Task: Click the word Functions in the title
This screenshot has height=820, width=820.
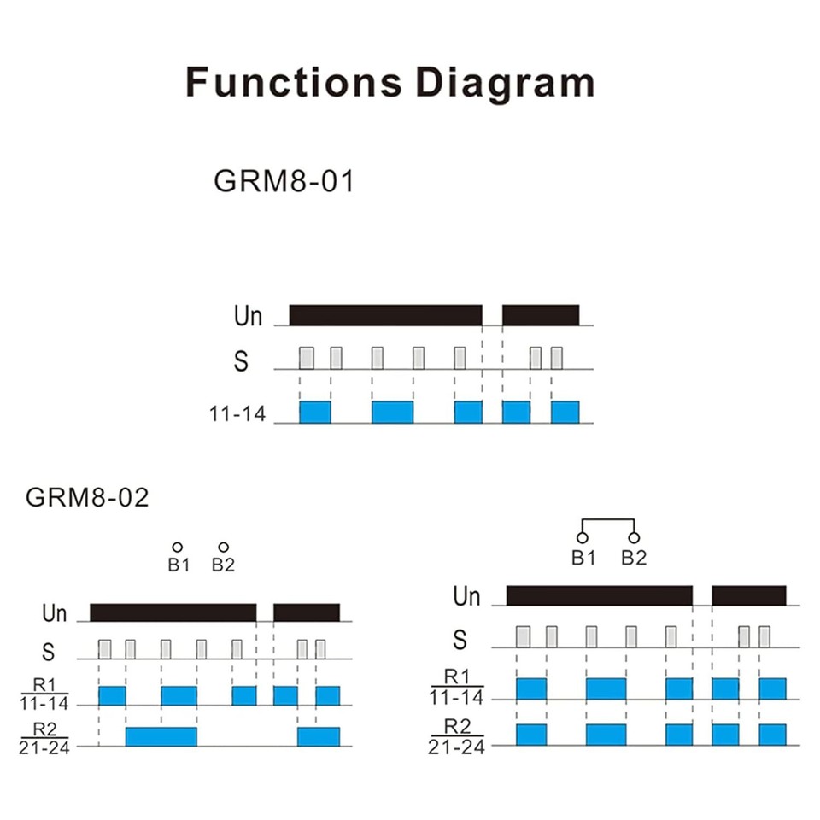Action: [x=294, y=82]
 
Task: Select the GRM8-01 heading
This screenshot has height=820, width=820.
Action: [x=284, y=181]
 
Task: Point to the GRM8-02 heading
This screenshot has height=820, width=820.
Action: [x=87, y=497]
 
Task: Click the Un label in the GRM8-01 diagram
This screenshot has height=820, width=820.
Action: [x=248, y=316]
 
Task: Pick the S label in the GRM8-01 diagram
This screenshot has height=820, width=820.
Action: [x=241, y=360]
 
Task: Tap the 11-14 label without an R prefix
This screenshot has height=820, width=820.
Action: [x=237, y=414]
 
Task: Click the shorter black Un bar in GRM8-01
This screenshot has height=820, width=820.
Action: [x=541, y=315]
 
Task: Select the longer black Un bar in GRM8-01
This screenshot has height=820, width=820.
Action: [x=385, y=315]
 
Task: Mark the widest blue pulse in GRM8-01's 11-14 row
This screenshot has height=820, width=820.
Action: [x=392, y=412]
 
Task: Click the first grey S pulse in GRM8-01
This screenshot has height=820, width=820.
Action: [x=307, y=358]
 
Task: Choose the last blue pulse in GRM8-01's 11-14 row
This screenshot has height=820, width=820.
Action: [x=565, y=412]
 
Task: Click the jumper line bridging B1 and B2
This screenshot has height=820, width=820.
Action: [x=608, y=520]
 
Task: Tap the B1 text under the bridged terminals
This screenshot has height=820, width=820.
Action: [x=583, y=558]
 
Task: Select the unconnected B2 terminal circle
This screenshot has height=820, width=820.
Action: [x=223, y=547]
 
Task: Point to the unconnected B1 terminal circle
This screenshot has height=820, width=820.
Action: [x=178, y=547]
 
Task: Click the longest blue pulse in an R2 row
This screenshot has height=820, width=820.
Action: [x=161, y=737]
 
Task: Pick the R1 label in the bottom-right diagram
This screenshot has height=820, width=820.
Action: [x=457, y=676]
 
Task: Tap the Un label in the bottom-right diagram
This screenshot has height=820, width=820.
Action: [x=466, y=596]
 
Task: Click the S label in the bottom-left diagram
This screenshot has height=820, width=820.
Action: [x=48, y=652]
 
